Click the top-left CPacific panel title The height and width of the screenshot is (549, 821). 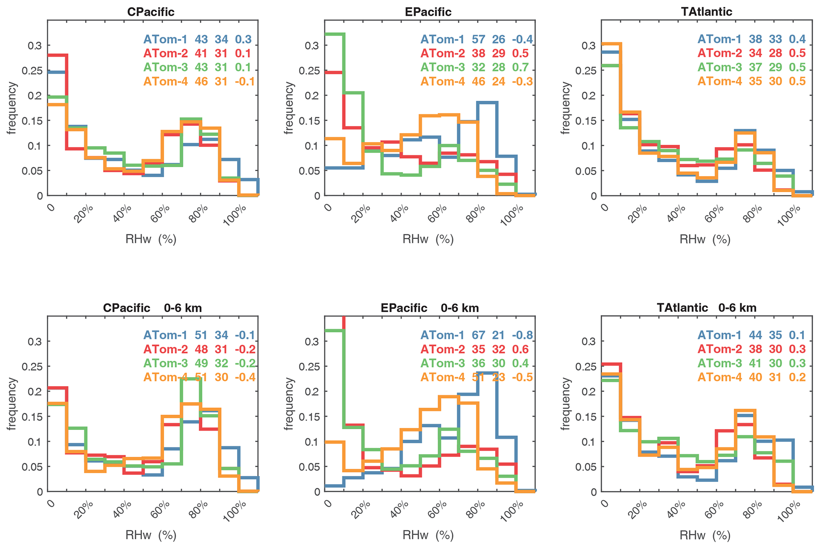151,12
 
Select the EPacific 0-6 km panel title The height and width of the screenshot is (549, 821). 429,308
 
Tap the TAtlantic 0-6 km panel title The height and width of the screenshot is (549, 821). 706,308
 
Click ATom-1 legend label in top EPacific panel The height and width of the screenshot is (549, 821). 442,39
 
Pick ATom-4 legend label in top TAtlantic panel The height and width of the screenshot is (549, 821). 720,81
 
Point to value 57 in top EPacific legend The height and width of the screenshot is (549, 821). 478,39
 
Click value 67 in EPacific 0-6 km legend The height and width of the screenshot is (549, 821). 478,335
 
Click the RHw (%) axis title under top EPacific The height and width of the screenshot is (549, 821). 428,239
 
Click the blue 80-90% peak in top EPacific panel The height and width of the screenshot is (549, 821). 487,102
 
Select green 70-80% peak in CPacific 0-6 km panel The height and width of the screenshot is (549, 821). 191,379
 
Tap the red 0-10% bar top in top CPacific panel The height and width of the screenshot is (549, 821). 57,55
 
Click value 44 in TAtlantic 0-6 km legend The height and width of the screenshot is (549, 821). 755,335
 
